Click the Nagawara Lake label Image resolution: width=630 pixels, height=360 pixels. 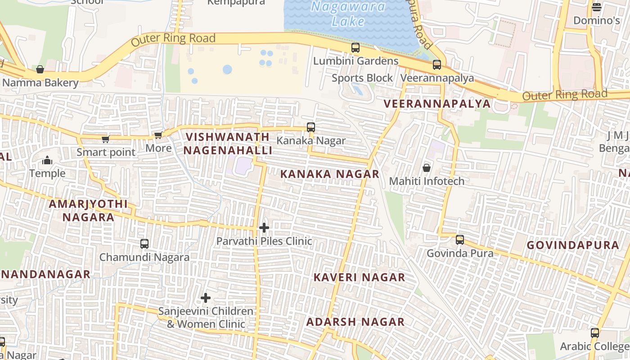(348, 13)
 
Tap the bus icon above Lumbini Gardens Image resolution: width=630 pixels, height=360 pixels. (355, 48)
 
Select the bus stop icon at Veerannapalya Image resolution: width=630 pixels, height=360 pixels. (436, 65)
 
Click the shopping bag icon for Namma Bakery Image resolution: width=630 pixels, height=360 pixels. (40, 69)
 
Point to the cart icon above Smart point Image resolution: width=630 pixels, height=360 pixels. (105, 139)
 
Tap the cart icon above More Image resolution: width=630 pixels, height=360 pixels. (158, 135)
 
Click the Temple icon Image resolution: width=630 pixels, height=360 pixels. (47, 160)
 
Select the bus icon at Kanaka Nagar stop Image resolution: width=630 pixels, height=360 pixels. (310, 127)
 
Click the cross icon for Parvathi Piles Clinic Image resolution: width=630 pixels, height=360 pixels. (264, 228)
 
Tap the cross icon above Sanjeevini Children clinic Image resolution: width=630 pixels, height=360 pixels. (206, 298)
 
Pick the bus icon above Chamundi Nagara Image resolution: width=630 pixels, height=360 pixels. (144, 244)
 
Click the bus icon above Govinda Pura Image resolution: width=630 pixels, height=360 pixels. (459, 240)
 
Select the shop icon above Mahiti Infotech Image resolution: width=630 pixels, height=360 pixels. (426, 168)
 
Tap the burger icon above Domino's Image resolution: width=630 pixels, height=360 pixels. (597, 7)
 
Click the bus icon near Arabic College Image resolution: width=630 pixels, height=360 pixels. (594, 333)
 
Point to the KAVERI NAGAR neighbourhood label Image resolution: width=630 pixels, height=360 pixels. (359, 277)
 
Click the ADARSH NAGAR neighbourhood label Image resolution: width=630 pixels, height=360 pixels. (355, 322)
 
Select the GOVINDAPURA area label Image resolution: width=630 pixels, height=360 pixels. (573, 245)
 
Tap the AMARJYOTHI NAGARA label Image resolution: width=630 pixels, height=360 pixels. (88, 211)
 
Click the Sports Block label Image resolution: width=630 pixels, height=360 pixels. (362, 78)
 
